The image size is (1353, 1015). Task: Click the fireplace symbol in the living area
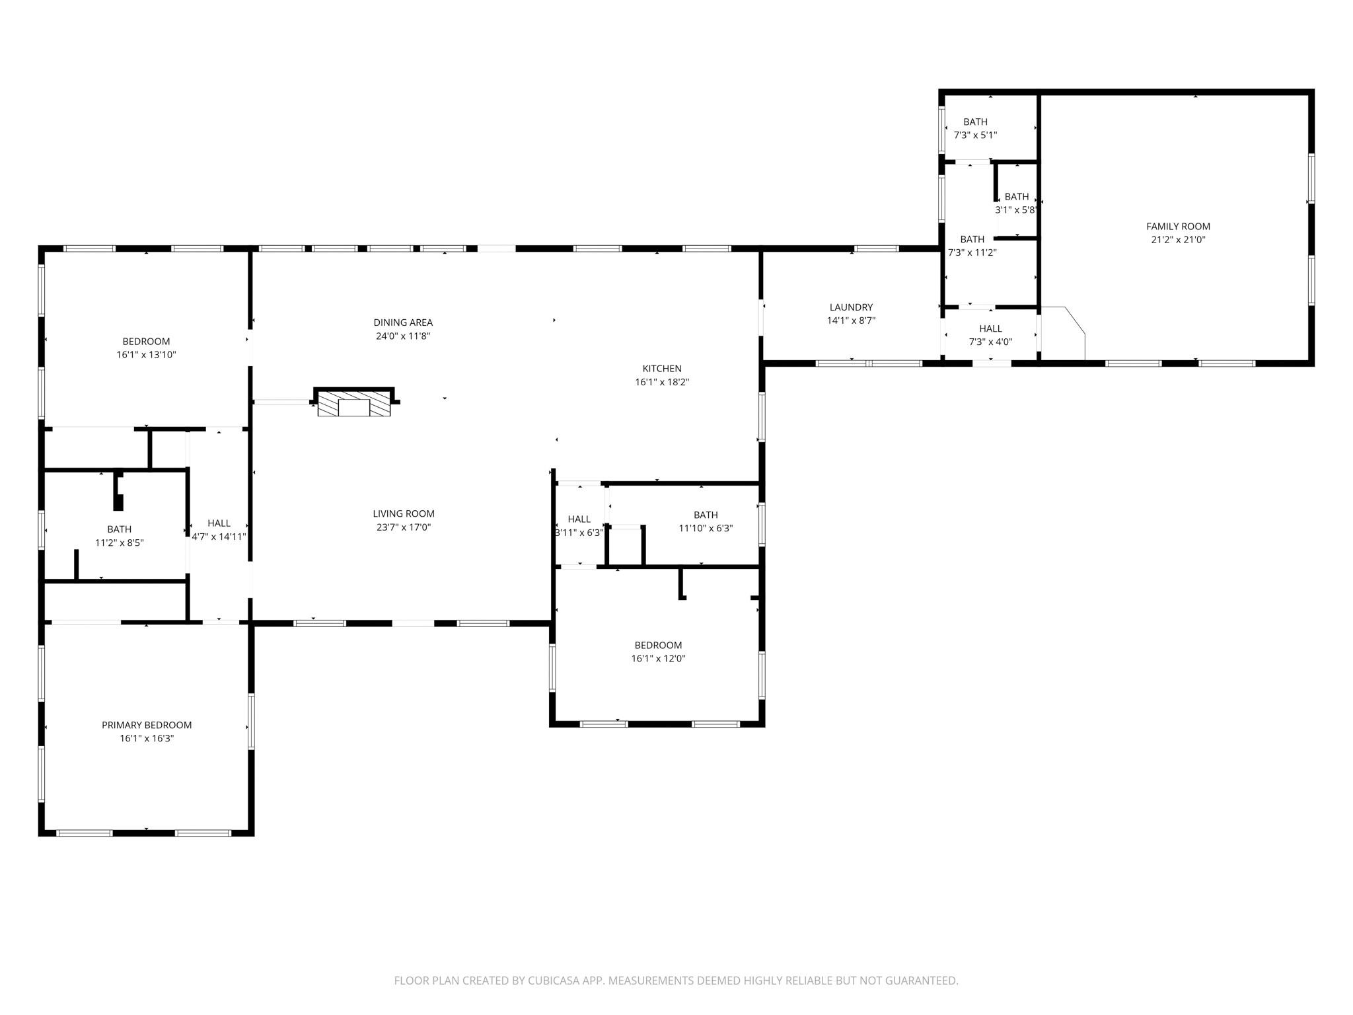tap(354, 403)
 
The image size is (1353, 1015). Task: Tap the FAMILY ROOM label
tap(1178, 227)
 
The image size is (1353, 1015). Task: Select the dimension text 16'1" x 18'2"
tap(662, 382)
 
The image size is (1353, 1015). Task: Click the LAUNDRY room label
tap(851, 307)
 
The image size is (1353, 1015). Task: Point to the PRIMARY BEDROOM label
tap(147, 725)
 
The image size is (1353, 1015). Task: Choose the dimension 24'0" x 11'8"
tap(403, 336)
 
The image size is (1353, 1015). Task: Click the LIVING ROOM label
tap(403, 513)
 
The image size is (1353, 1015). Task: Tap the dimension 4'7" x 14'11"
tap(219, 537)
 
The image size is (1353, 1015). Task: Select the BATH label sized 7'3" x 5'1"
tap(975, 122)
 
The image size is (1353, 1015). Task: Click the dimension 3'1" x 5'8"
tap(1016, 210)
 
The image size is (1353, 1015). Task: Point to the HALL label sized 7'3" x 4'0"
tap(990, 328)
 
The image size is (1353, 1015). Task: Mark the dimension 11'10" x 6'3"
tap(706, 528)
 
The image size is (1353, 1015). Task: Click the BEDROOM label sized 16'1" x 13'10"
tap(146, 342)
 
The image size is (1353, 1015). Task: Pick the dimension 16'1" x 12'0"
tap(658, 658)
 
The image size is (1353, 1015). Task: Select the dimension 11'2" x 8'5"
tap(119, 543)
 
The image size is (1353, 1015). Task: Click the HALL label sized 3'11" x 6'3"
tap(579, 519)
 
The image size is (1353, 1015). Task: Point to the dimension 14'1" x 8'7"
tap(851, 320)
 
